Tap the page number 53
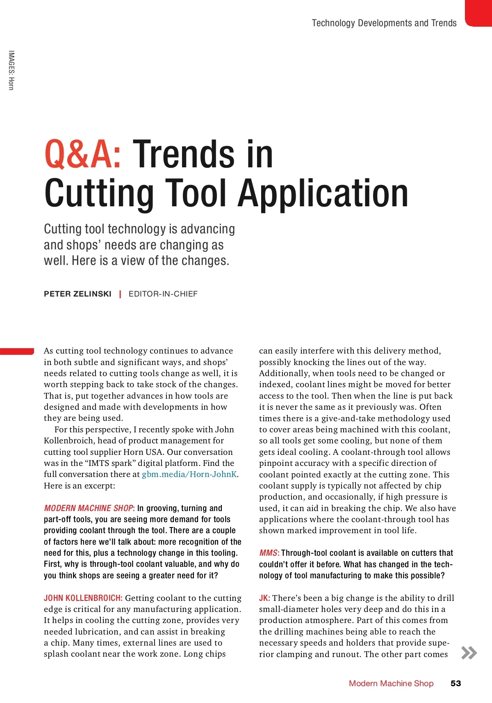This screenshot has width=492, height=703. (456, 683)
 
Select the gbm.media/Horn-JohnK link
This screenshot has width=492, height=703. (189, 475)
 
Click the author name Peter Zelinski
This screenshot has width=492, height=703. (77, 294)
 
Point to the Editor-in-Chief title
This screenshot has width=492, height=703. (163, 294)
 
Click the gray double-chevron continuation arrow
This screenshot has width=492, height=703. (469, 653)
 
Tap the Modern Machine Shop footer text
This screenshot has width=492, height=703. (391, 683)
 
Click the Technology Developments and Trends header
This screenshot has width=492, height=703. (384, 23)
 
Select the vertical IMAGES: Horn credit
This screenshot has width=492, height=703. (11, 70)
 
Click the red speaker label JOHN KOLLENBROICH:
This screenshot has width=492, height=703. (83, 598)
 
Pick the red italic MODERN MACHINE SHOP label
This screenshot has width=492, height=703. (89, 508)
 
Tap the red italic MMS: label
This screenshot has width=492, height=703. (269, 553)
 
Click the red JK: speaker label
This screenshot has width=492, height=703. (264, 598)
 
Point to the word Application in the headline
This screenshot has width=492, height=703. (323, 193)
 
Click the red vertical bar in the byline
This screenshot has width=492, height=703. (120, 294)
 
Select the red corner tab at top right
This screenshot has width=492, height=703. (479, 13)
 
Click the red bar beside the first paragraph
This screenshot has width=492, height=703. (17, 351)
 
